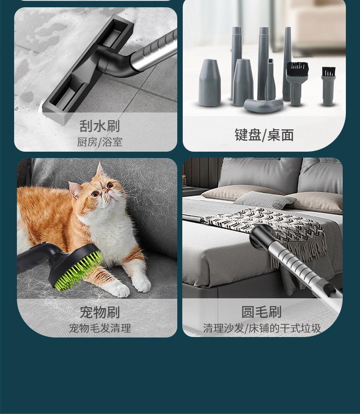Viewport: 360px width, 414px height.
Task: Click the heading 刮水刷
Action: click(x=99, y=126)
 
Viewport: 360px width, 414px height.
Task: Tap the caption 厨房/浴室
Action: click(x=99, y=142)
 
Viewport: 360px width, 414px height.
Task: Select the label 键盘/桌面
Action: click(x=264, y=135)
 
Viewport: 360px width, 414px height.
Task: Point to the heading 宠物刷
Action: click(x=99, y=312)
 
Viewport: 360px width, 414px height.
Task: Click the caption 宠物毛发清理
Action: click(x=99, y=328)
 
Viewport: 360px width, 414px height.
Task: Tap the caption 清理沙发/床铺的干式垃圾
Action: click(x=262, y=328)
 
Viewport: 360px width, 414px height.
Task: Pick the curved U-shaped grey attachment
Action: click(x=263, y=105)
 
